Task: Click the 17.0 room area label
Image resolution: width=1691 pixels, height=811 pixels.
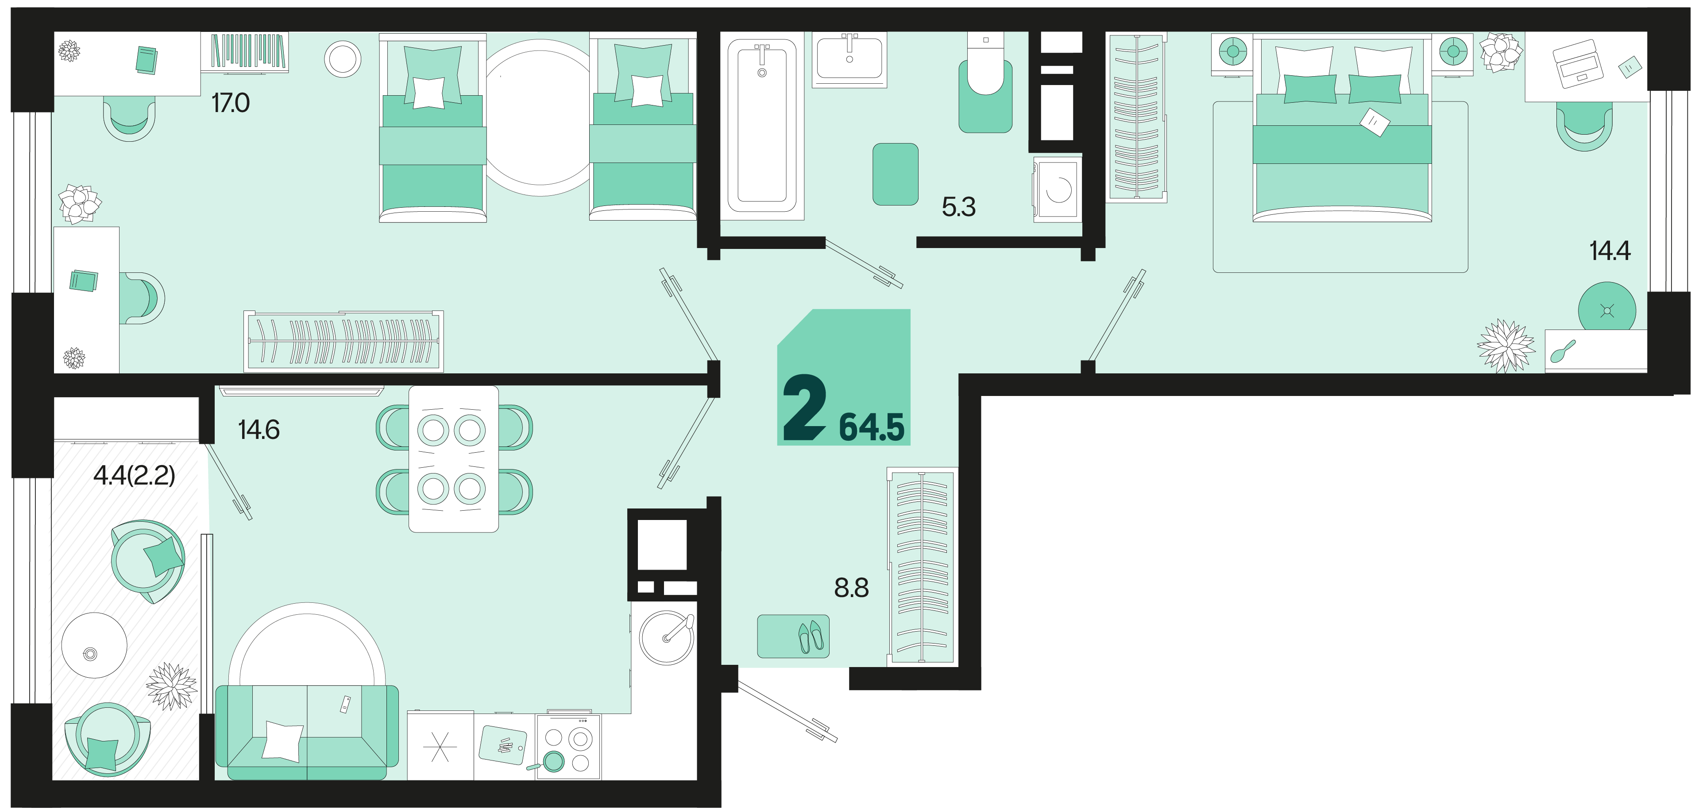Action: click(x=231, y=103)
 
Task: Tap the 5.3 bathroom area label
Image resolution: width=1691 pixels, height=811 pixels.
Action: click(x=958, y=207)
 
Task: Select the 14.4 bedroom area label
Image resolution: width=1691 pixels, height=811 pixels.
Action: click(x=1610, y=251)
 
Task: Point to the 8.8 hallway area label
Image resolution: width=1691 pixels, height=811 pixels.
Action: click(x=851, y=588)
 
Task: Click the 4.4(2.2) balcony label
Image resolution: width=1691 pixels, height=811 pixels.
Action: click(x=135, y=475)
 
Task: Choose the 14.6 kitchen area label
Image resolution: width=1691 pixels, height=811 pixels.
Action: click(x=259, y=430)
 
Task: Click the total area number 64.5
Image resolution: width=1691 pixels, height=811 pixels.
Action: click(x=872, y=427)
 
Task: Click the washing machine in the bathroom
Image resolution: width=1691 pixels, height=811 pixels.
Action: click(x=1057, y=189)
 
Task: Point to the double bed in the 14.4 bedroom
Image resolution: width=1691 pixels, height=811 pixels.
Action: click(x=1342, y=129)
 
